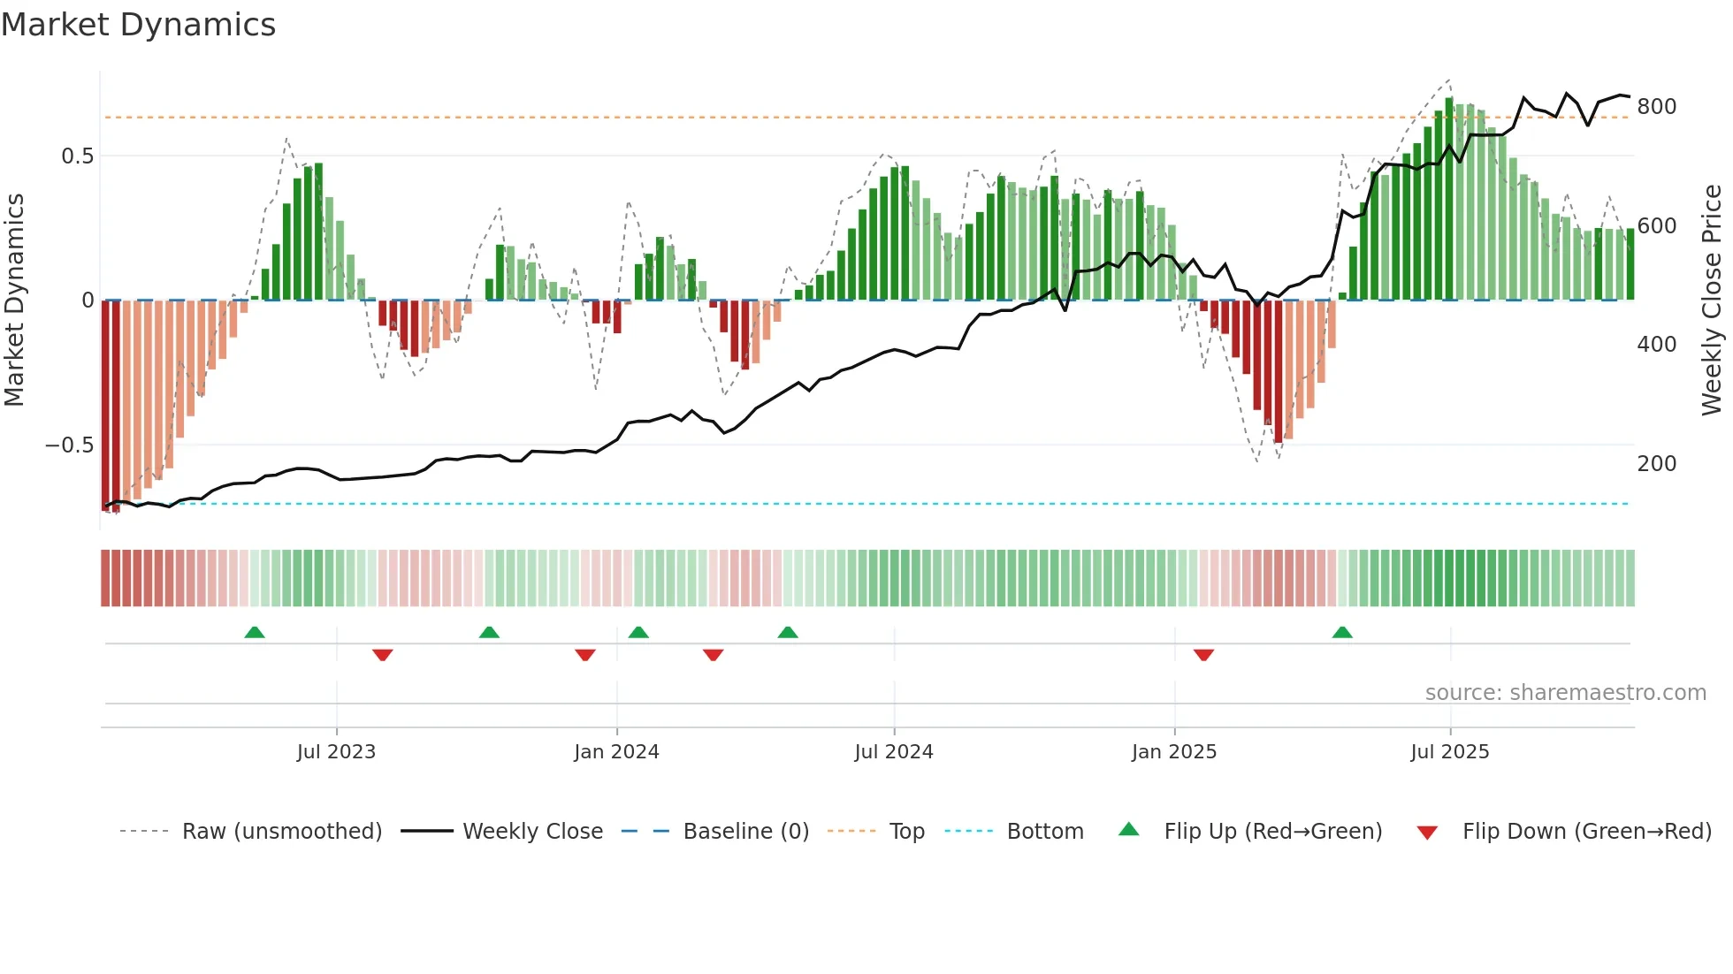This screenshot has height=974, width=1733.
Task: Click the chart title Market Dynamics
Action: [138, 25]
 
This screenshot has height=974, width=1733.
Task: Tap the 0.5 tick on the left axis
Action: [77, 156]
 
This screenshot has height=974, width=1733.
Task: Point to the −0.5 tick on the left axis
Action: [69, 445]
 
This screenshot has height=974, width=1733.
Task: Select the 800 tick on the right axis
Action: [1656, 107]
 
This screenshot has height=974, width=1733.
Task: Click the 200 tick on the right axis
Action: [1656, 464]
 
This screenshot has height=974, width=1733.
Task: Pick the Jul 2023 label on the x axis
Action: [336, 752]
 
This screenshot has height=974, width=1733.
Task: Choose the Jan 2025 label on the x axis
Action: [1173, 752]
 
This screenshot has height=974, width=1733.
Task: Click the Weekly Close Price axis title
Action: [1712, 301]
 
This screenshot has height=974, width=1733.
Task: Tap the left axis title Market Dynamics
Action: [14, 301]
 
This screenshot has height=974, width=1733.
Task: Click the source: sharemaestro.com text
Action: [1565, 693]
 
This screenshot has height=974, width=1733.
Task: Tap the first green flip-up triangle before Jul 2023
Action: [255, 632]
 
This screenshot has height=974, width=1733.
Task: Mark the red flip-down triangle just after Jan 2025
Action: [1203, 655]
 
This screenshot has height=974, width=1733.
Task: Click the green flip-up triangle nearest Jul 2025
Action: [1342, 632]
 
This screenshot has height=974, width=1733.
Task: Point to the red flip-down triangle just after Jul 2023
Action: [382, 655]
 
